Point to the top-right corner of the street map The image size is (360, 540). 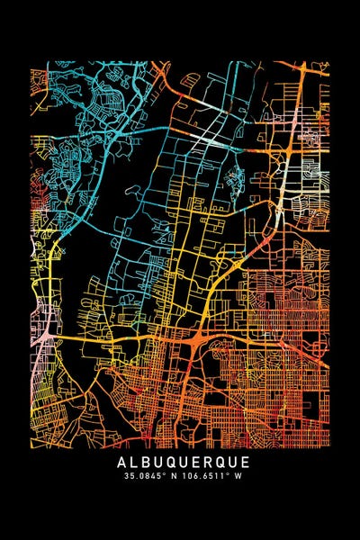(328, 62)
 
